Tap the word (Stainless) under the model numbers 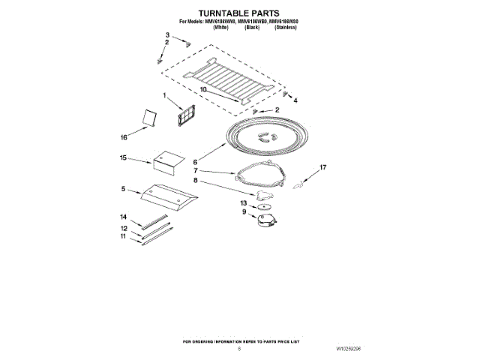[286, 28]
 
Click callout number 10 [202, 89]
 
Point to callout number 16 [124, 137]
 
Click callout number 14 [124, 217]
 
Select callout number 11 [124, 236]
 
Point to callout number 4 [295, 100]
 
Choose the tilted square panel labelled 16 [150, 119]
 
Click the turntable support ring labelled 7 [260, 177]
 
